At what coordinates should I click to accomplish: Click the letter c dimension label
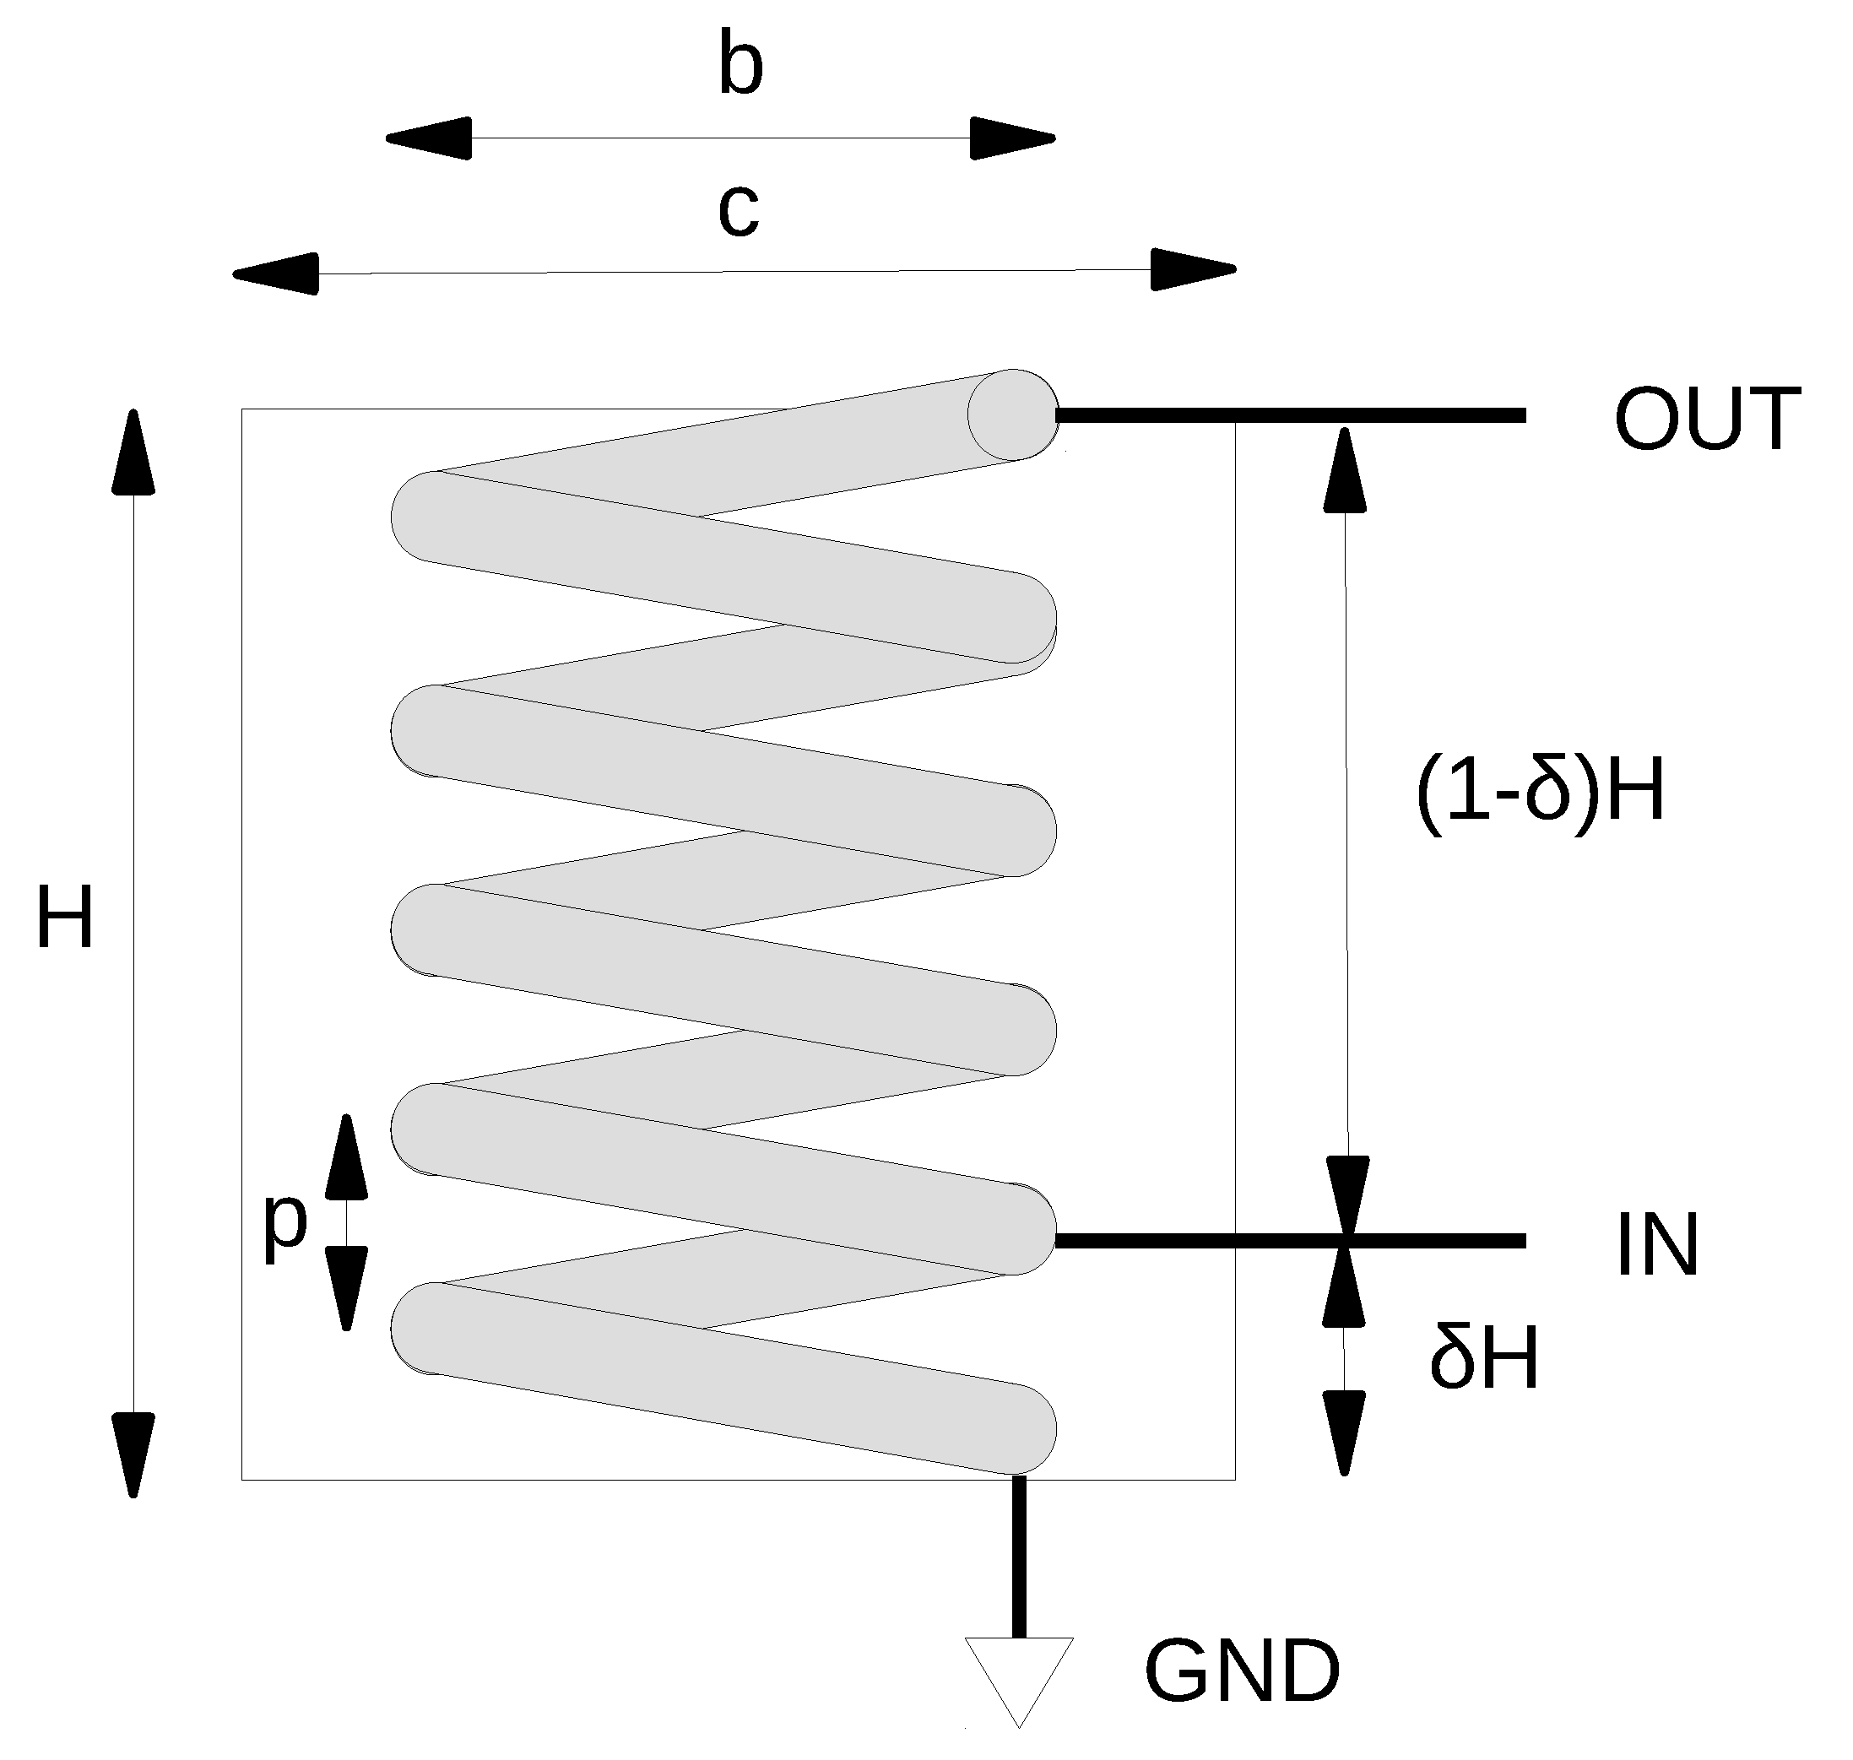tap(739, 210)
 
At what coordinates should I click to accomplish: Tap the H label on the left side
tap(65, 918)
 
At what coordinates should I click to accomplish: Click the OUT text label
tap(1707, 420)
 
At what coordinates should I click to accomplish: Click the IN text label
tap(1657, 1245)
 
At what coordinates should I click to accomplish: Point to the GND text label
tap(1242, 1672)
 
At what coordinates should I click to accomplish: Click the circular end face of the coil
tap(1011, 414)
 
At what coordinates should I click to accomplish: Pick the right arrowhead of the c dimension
tap(1191, 270)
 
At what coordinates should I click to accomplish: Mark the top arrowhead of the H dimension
tap(133, 453)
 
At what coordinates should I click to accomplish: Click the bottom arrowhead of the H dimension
tap(133, 1454)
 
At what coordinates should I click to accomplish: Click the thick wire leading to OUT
tap(1290, 414)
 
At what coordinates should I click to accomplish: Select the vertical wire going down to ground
tap(1018, 1557)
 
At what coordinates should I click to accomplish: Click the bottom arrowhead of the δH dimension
tap(1344, 1432)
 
